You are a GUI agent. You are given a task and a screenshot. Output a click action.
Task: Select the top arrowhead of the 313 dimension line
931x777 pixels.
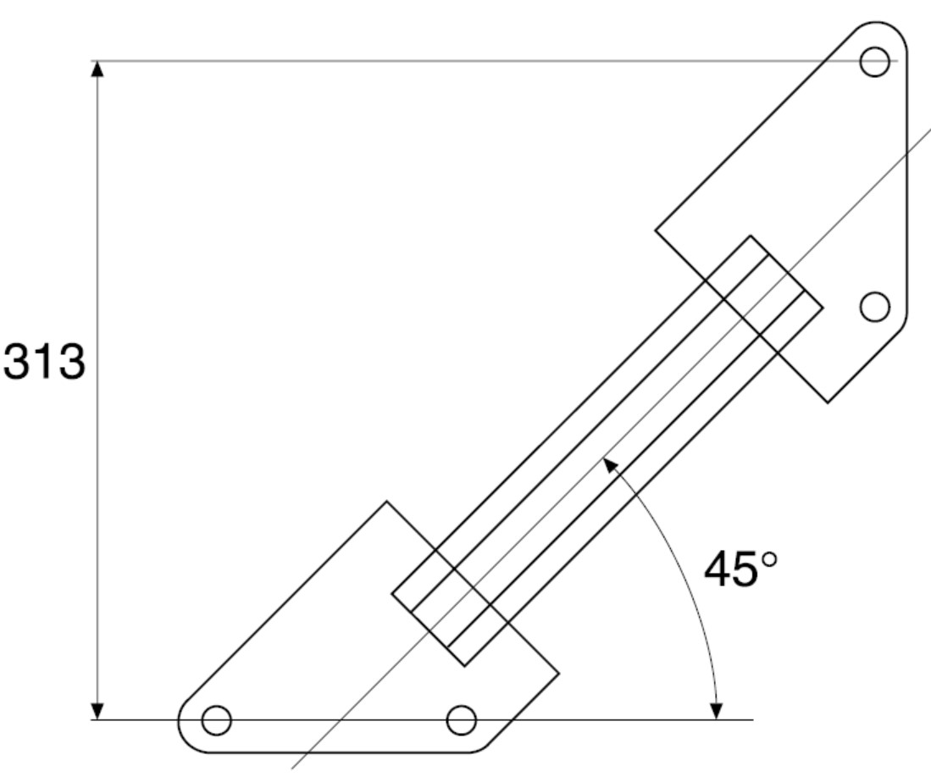pos(98,69)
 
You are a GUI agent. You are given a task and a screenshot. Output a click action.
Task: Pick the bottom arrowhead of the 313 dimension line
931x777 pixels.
pos(98,711)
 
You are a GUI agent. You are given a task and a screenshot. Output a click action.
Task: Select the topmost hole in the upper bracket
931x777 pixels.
pos(874,61)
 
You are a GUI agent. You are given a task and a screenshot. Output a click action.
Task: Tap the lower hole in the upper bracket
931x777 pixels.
pos(874,307)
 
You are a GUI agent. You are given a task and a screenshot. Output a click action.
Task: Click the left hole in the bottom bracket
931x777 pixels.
pos(216,720)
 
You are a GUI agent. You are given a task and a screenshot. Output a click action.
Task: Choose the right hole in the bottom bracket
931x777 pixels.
pos(462,720)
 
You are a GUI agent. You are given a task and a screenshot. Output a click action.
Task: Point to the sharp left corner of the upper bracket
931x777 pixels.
pos(656,229)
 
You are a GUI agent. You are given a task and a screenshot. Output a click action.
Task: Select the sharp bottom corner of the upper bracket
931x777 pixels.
pos(828,402)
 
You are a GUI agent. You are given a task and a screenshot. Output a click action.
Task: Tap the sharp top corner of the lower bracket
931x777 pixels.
pos(387,502)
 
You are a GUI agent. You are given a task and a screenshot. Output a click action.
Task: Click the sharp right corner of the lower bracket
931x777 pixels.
pos(559,674)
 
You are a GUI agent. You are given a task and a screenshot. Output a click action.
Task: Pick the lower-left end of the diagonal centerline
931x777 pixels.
pos(293,768)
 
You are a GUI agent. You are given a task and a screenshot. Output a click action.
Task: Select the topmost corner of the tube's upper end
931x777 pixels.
pos(751,236)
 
